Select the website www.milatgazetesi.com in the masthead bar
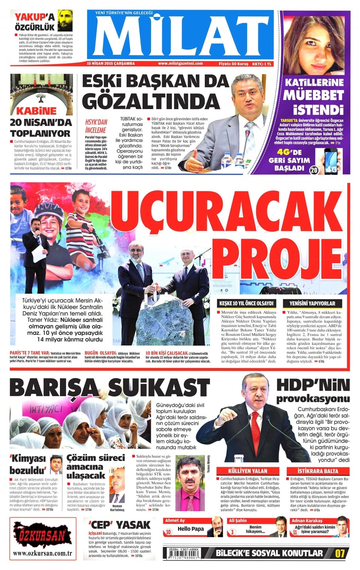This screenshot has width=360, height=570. pos(180,64)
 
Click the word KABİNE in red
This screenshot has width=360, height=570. pos(36,111)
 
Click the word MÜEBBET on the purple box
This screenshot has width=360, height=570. pos(313,96)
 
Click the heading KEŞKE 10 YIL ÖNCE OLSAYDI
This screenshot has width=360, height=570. pos(247,303)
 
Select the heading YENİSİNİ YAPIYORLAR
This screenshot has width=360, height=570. pos(312,303)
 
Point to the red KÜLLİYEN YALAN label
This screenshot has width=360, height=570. pos(247,471)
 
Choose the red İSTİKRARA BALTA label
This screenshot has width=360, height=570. pos(318,471)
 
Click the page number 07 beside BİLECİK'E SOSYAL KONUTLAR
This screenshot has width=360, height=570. pos(340,553)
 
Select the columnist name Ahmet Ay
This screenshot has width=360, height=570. pos(175,521)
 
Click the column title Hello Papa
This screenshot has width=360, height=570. pos(190,529)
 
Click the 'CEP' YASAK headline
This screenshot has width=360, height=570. pos(119,525)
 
